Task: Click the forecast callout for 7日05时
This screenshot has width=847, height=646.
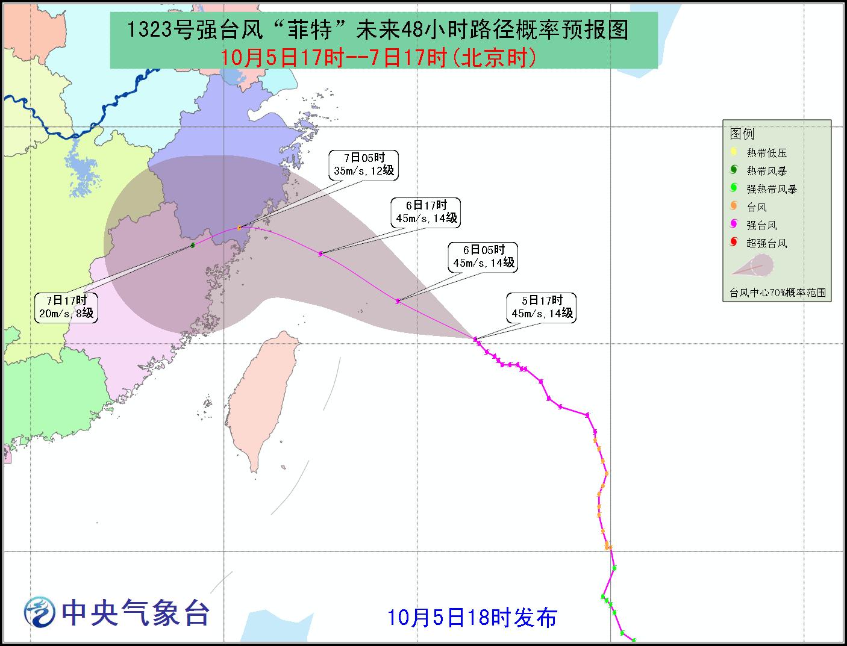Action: [364, 164]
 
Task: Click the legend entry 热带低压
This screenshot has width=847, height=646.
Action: [766, 153]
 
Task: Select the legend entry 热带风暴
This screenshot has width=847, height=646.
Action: [766, 171]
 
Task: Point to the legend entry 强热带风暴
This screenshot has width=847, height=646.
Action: [771, 189]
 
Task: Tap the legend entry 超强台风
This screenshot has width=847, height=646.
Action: [766, 243]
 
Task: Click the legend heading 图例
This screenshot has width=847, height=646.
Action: [742, 134]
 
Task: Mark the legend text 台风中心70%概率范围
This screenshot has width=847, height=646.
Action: [777, 293]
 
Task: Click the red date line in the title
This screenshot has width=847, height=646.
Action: [378, 58]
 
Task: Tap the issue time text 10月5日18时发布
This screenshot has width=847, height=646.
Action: [472, 617]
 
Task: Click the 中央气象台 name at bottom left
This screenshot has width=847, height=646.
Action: [136, 613]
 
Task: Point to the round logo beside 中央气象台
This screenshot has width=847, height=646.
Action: [39, 613]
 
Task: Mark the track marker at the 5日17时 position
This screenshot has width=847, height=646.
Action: [475, 339]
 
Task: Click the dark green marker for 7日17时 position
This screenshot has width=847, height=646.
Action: [193, 245]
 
